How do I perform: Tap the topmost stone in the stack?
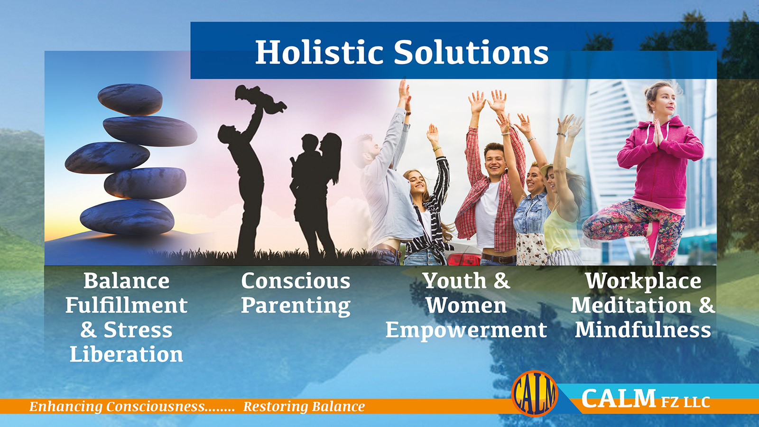(x=130, y=99)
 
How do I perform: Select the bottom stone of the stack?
(x=127, y=217)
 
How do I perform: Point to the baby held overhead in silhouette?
(x=260, y=99)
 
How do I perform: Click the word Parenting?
(x=296, y=306)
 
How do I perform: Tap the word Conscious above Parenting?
(x=296, y=281)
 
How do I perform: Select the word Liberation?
(x=126, y=354)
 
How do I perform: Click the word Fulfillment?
(x=126, y=306)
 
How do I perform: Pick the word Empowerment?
(x=466, y=330)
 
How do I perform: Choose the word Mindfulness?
(x=643, y=330)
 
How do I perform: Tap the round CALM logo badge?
(x=535, y=393)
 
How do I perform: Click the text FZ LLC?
(x=685, y=402)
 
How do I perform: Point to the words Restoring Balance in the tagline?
(x=304, y=406)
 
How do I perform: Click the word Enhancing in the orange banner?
(x=66, y=407)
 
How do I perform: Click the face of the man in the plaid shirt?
(x=495, y=161)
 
